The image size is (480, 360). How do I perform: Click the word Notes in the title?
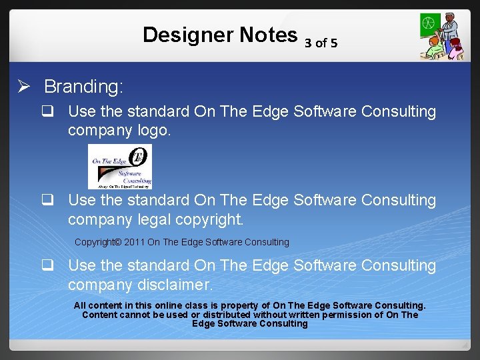tap(265, 35)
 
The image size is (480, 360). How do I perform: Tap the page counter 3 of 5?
tap(321, 43)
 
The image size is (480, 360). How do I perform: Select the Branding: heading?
tap(84, 87)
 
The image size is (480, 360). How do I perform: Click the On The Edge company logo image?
tap(120, 166)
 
